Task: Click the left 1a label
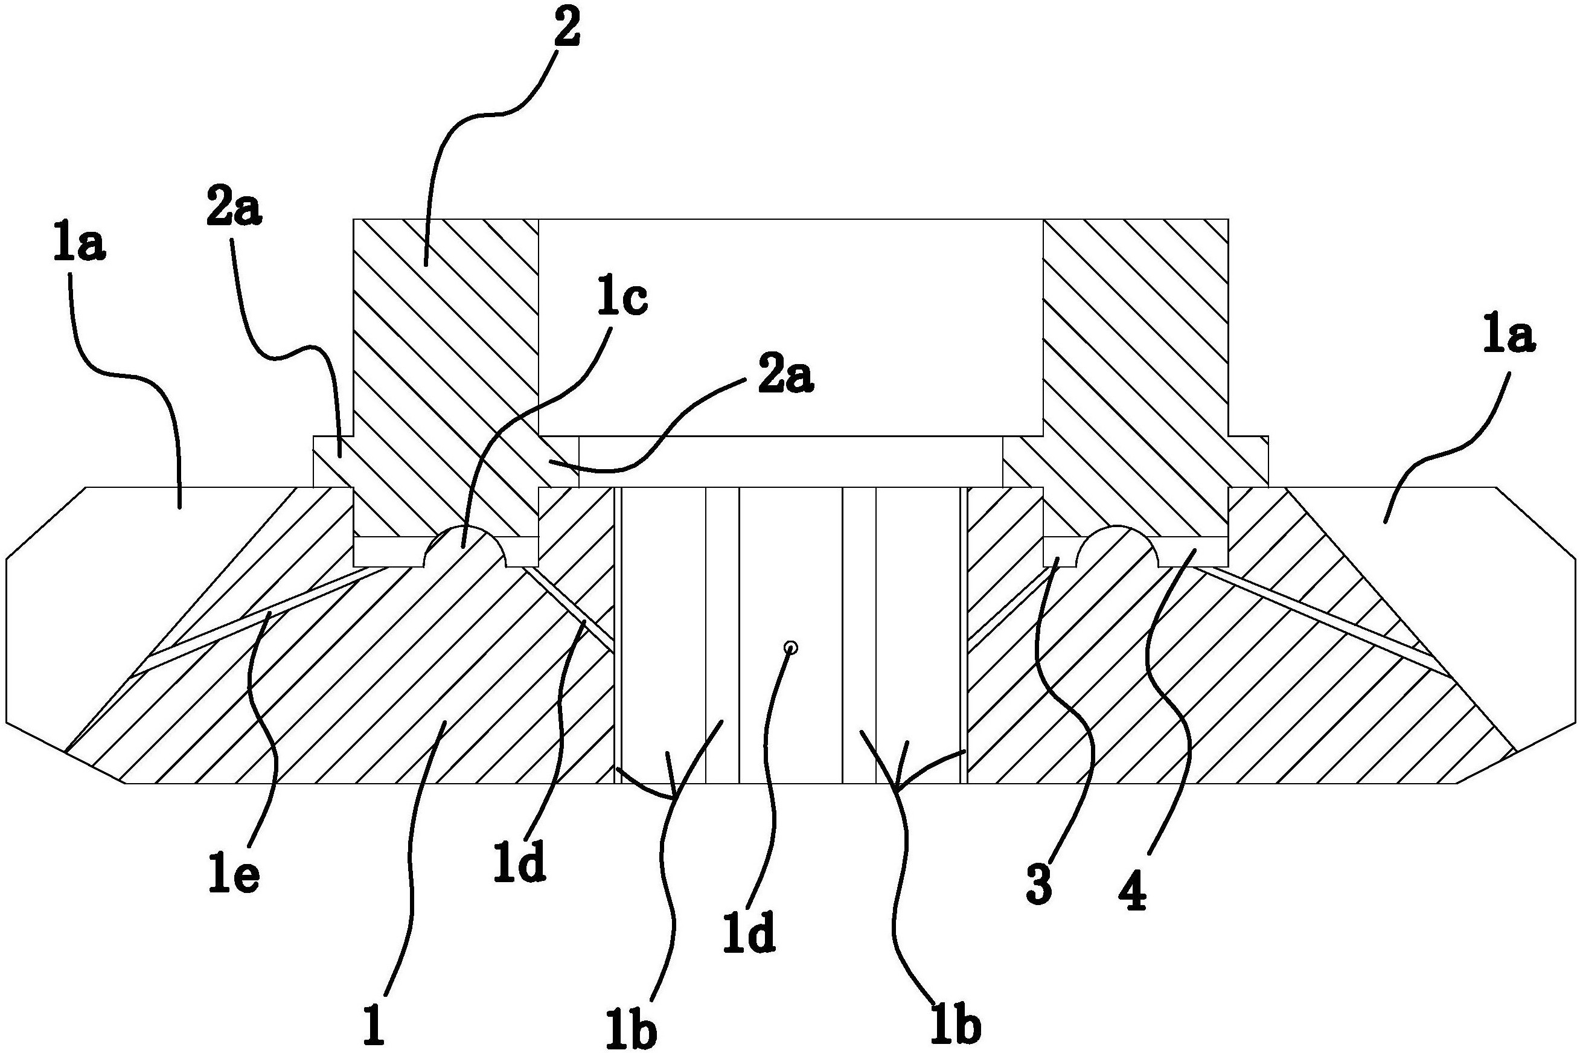[x=79, y=246]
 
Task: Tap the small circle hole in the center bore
[x=792, y=648]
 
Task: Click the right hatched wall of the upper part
[x=1136, y=336]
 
